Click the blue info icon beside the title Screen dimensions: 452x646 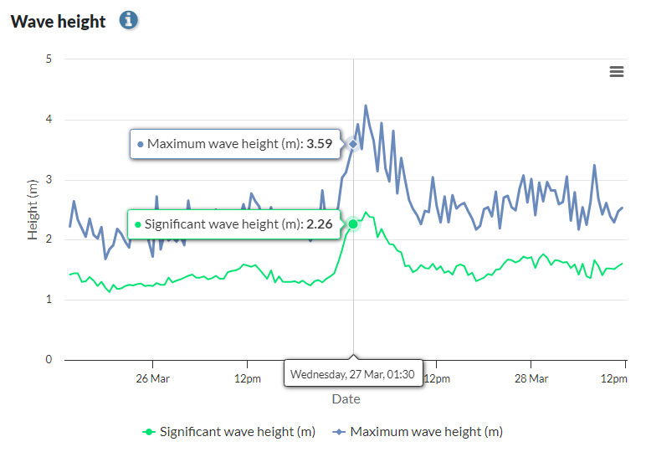(x=128, y=20)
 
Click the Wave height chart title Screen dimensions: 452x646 (x=58, y=22)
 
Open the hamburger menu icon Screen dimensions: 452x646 (x=617, y=72)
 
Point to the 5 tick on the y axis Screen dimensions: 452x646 (x=49, y=59)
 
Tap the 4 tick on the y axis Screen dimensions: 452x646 (x=49, y=120)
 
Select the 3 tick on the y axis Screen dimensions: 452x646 (x=49, y=180)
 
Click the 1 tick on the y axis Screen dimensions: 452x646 (x=49, y=300)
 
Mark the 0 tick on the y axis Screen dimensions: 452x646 (x=49, y=360)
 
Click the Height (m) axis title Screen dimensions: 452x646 (x=33, y=209)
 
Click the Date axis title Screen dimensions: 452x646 (x=346, y=399)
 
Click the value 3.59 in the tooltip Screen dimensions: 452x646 (x=320, y=144)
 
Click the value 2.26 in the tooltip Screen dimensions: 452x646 (x=317, y=224)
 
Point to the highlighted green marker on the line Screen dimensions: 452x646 (x=354, y=223)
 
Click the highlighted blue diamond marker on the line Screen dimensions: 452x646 (x=353, y=144)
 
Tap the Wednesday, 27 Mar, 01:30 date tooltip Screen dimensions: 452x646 (x=352, y=374)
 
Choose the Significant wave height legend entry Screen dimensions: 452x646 (x=229, y=432)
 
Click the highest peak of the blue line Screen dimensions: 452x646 (x=366, y=106)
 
